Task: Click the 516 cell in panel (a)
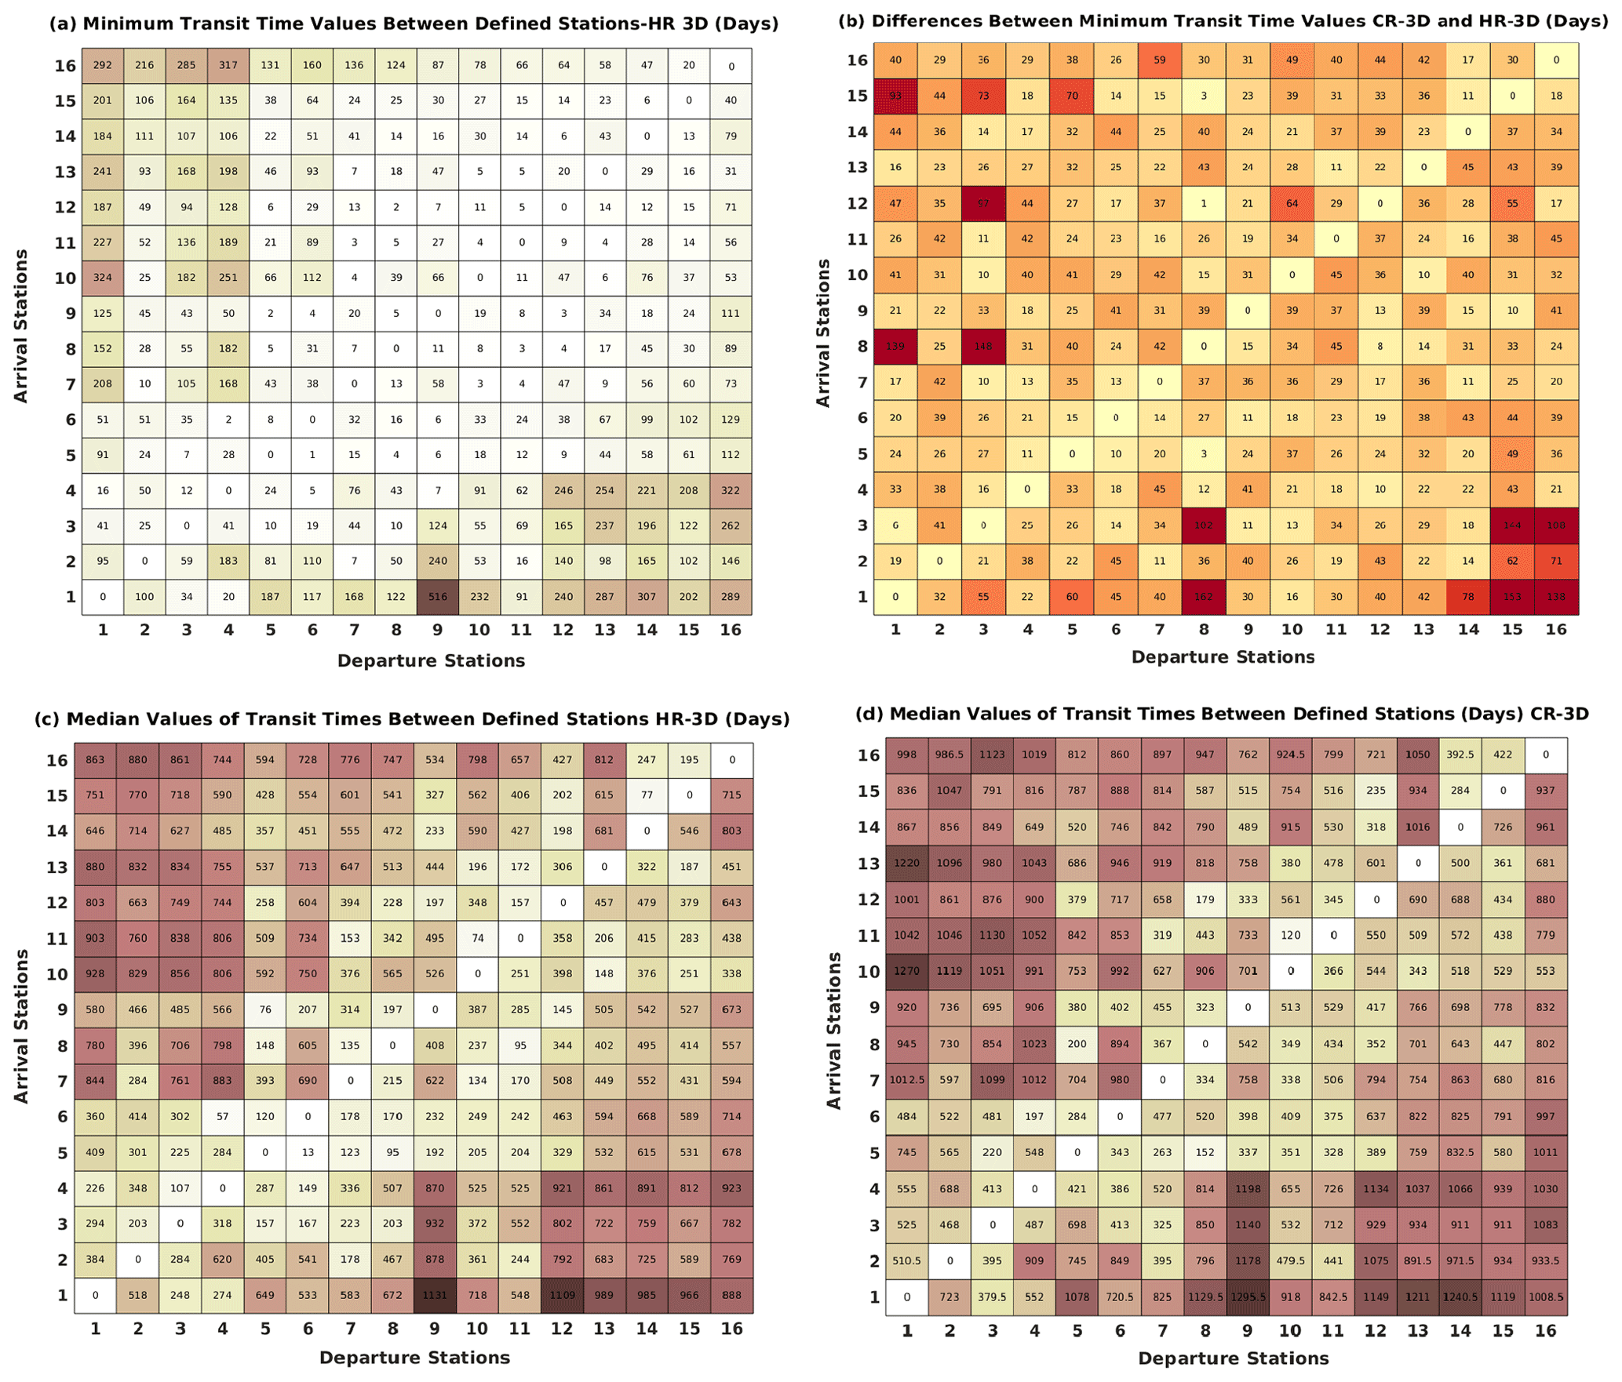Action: click(x=438, y=597)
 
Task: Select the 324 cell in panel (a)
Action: click(x=103, y=278)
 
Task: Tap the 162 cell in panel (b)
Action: click(x=1204, y=597)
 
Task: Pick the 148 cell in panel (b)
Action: click(x=983, y=347)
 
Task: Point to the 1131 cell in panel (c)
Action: click(x=435, y=1296)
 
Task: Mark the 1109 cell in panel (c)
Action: click(x=562, y=1296)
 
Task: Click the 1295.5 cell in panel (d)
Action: click(x=1248, y=1297)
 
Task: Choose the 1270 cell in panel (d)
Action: click(x=906, y=971)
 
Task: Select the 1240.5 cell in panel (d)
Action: click(x=1460, y=1297)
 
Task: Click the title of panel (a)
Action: click(x=414, y=24)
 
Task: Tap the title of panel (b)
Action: click(x=1223, y=21)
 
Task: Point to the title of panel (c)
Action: click(x=412, y=719)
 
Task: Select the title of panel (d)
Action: click(x=1222, y=715)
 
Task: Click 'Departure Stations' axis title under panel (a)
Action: click(x=431, y=661)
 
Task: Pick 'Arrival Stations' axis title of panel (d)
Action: click(x=834, y=1031)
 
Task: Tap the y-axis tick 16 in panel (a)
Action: click(x=65, y=66)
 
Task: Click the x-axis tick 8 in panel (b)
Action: click(x=1204, y=629)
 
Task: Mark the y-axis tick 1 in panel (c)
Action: click(x=62, y=1296)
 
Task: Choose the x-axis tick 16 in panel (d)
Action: click(x=1545, y=1331)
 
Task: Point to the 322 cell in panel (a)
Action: click(x=731, y=491)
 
